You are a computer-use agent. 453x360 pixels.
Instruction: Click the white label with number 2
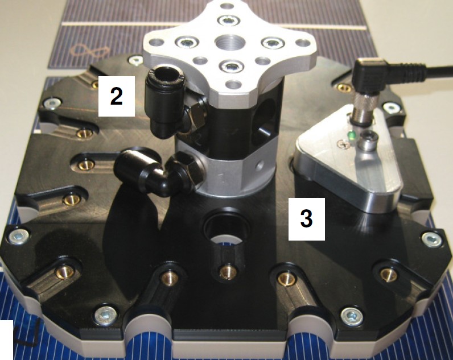(117, 96)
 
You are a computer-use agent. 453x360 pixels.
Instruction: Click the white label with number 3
(307, 219)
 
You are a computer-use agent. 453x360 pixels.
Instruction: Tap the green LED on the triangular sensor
(352, 135)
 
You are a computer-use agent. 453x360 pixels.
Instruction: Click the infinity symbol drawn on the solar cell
(90, 51)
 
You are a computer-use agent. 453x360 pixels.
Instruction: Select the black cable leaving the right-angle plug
(439, 72)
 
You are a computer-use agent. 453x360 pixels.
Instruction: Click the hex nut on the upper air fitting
(195, 117)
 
